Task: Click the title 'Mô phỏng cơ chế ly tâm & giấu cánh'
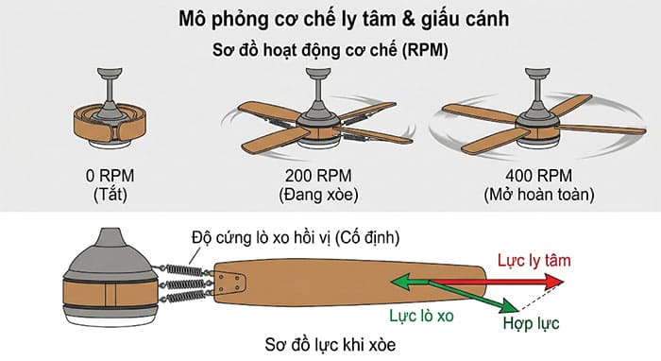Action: point(330,19)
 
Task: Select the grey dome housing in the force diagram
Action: point(100,253)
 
